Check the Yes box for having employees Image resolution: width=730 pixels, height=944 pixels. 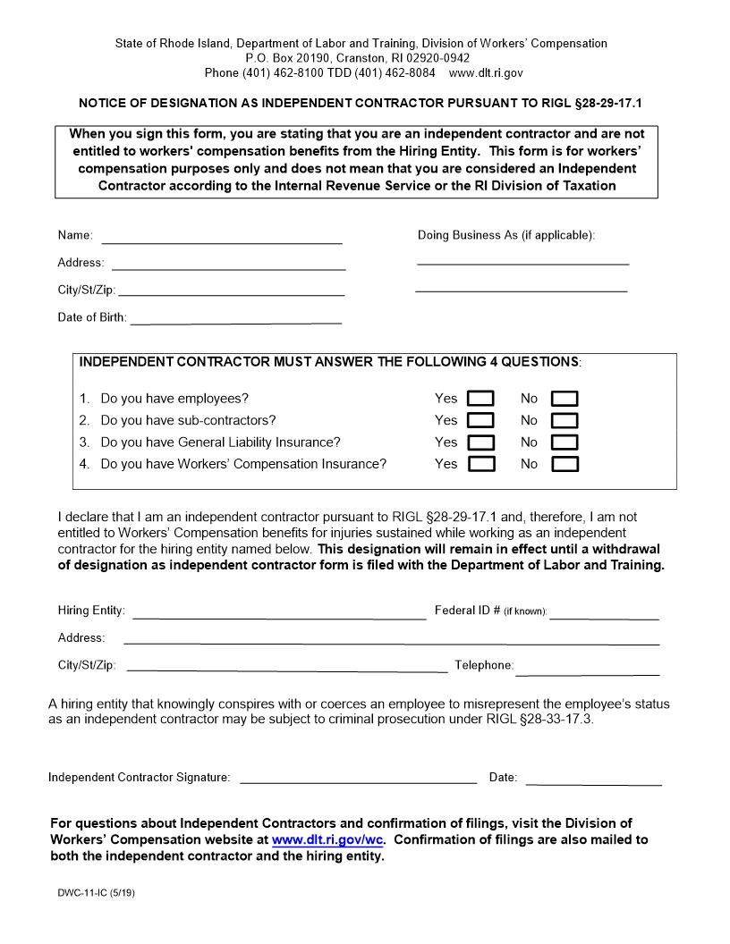[481, 399]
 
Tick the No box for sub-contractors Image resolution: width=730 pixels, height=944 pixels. [564, 421]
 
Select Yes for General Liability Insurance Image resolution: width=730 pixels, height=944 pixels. [481, 442]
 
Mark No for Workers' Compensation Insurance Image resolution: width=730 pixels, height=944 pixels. [564, 464]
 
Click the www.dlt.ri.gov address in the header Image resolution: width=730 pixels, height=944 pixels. [486, 73]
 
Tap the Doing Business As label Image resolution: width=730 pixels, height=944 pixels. [505, 236]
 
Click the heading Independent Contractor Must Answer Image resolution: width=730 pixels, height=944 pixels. [330, 362]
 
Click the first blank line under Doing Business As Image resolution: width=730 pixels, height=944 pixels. [522, 263]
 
